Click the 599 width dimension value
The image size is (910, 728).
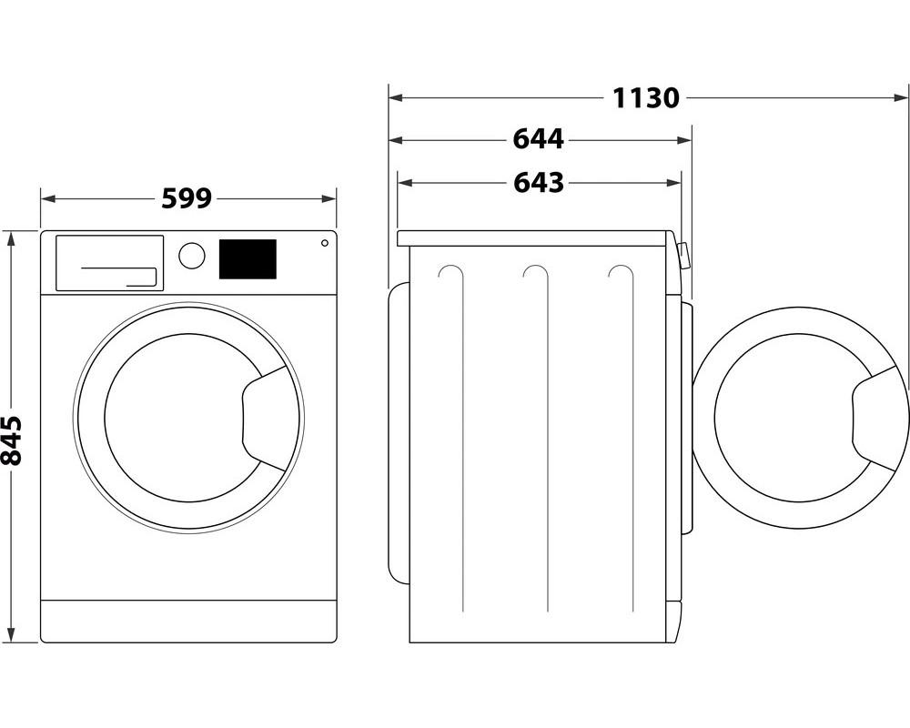pyautogui.click(x=187, y=197)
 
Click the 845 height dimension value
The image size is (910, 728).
pyautogui.click(x=12, y=440)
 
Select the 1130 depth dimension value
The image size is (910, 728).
pyautogui.click(x=645, y=96)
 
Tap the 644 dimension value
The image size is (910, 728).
pyautogui.click(x=538, y=139)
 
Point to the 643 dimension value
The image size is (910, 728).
pyautogui.click(x=539, y=182)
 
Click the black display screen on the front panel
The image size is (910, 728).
pyautogui.click(x=248, y=259)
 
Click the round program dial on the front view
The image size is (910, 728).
pyautogui.click(x=192, y=256)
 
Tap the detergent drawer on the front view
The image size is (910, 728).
pyautogui.click(x=109, y=263)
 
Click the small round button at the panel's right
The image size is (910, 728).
pyautogui.click(x=324, y=243)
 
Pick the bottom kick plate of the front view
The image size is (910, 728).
pyautogui.click(x=188, y=620)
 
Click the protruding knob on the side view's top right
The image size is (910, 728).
pyautogui.click(x=684, y=257)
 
